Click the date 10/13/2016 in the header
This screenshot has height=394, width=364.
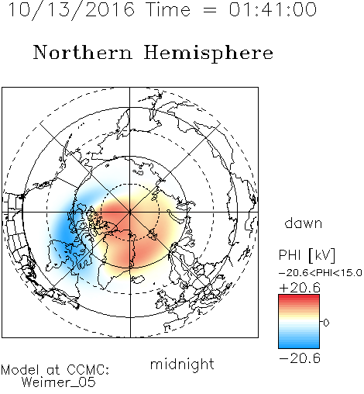[x=71, y=10]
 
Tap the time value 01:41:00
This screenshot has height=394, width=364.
[x=273, y=9]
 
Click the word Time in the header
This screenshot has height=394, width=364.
[x=168, y=9]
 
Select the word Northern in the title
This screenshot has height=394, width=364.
[x=83, y=53]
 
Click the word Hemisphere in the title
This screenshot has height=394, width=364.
[x=208, y=54]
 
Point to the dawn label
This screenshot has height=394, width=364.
[x=304, y=223]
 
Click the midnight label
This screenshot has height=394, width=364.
[x=182, y=364]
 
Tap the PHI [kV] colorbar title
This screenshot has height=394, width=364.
[x=307, y=255]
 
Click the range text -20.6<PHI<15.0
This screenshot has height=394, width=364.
[x=321, y=273]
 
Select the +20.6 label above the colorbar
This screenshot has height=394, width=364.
[x=300, y=288]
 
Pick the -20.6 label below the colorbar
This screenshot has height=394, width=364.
[x=300, y=358]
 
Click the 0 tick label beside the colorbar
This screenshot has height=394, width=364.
[x=326, y=323]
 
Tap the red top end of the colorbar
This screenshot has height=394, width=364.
[x=299, y=297]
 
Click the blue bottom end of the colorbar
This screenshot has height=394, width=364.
[x=299, y=346]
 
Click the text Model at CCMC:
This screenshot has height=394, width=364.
[x=55, y=370]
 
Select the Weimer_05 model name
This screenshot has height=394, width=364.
[x=59, y=382]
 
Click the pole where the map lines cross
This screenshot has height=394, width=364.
[x=130, y=212]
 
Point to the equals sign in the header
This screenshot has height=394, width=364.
[x=210, y=10]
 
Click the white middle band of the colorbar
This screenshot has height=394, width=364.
[x=299, y=322]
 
